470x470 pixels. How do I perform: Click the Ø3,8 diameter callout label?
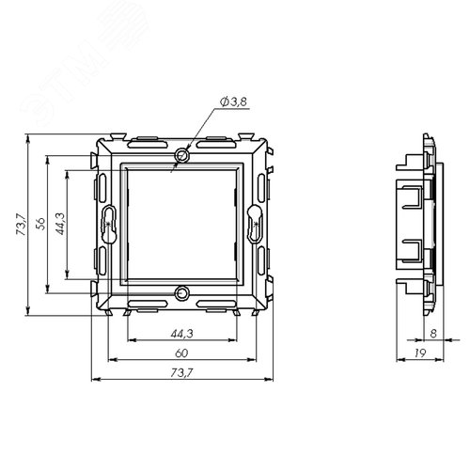233,102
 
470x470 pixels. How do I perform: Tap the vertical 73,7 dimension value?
22,225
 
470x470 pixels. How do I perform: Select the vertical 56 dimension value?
40,224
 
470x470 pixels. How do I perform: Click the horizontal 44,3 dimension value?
182,334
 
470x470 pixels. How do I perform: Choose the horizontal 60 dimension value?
181,353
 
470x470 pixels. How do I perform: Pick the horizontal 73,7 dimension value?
182,373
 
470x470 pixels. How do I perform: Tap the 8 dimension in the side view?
433,334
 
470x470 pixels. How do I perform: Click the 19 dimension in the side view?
420,353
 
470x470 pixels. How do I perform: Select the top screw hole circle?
182,155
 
